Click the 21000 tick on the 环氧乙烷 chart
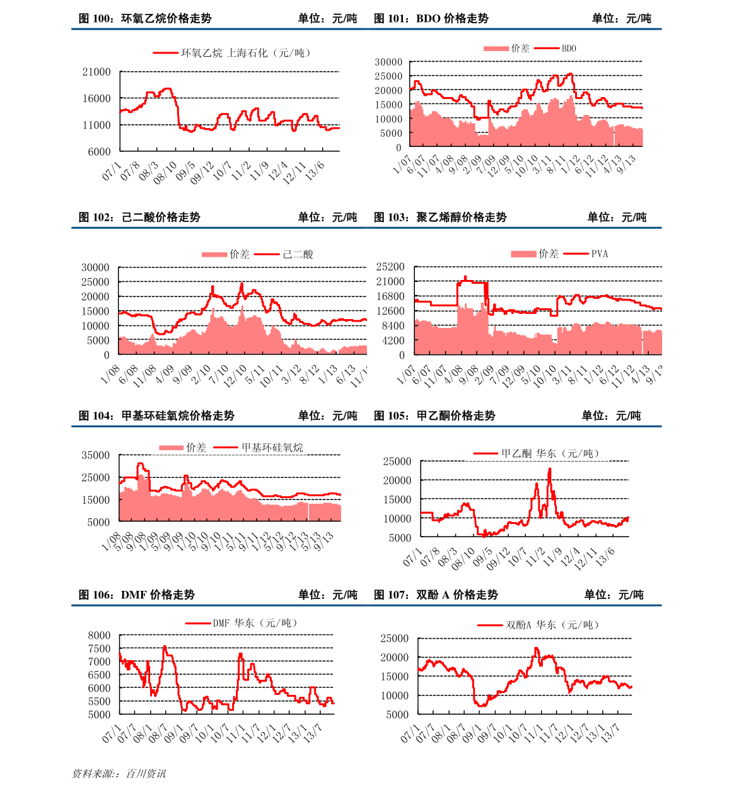(96, 72)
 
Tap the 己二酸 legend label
(298, 254)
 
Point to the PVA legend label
(600, 253)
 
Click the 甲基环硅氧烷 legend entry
(272, 448)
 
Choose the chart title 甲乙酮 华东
(550, 453)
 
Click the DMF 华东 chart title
(254, 623)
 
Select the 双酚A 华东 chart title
(552, 625)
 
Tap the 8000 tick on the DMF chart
(99, 635)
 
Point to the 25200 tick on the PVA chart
(390, 267)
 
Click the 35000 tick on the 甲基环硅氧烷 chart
(96, 455)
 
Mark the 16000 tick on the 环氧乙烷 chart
(96, 98)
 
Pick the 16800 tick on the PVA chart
(390, 296)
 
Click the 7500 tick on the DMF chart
(99, 648)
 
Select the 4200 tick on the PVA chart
(392, 341)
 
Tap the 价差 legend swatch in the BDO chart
(496, 49)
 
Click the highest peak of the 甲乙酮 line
(550, 469)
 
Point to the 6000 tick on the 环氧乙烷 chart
(99, 151)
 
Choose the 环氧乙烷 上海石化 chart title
(246, 53)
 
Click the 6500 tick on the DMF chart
(99, 675)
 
